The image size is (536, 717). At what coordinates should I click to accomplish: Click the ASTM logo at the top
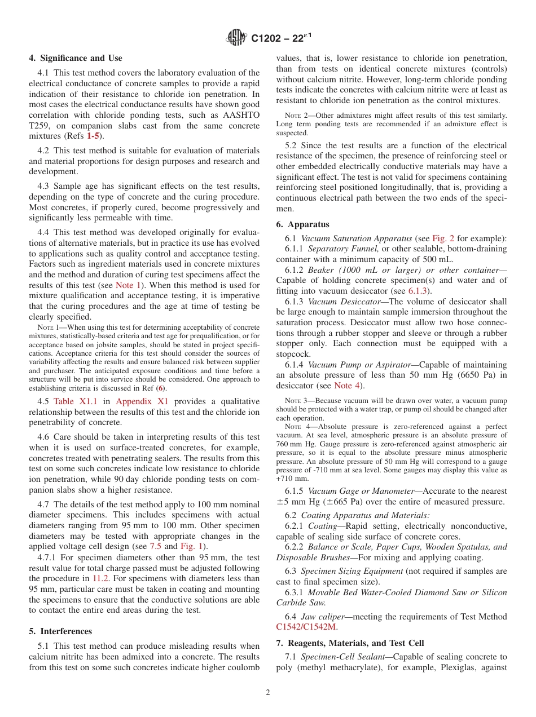point(237,38)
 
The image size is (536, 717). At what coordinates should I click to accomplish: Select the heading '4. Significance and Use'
point(76,58)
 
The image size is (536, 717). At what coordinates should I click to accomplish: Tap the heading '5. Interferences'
point(60,631)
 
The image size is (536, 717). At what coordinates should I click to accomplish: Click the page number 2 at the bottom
point(268,693)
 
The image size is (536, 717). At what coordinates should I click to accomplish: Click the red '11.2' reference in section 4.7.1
point(98,578)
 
